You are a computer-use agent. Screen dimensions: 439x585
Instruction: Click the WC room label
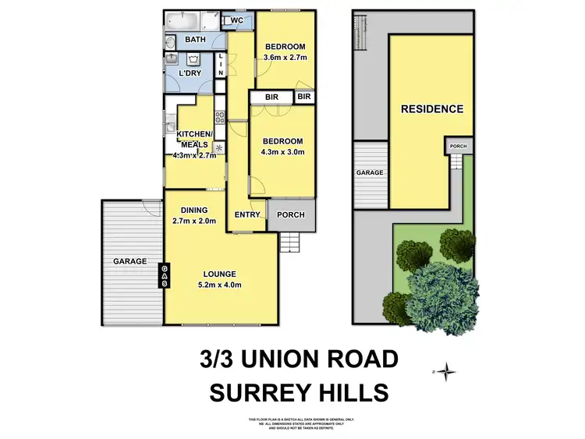pos(237,21)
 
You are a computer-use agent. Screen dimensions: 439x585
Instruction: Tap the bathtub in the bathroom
pos(181,20)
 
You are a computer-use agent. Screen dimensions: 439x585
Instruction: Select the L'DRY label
pos(191,73)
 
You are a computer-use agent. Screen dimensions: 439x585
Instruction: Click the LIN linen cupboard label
pos(222,65)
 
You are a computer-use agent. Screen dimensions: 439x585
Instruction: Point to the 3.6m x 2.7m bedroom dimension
pos(285,58)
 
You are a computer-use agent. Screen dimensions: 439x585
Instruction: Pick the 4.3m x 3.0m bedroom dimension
pos(282,151)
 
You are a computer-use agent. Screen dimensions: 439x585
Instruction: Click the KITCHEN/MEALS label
pos(193,139)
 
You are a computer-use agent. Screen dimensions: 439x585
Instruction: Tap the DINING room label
pos(193,210)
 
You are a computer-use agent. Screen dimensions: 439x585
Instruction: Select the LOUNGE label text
pos(220,274)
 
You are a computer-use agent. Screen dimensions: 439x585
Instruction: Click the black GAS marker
pos(165,274)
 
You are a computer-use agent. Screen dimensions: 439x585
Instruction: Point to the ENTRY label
pos(246,214)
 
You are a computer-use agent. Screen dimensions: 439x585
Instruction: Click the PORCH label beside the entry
pos(291,214)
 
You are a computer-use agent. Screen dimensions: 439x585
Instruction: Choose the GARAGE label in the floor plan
pos(129,261)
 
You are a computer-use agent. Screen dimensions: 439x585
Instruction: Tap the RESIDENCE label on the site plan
pos(432,109)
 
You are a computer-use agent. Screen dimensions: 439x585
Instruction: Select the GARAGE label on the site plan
pos(370,173)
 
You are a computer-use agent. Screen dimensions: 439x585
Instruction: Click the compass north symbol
pos(445,371)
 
